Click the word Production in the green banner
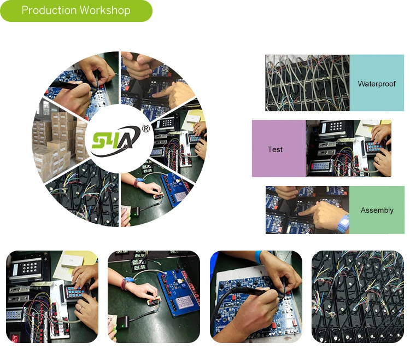(49, 10)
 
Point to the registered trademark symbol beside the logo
(146, 129)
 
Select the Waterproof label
(377, 84)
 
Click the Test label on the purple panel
(275, 149)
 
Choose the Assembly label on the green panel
(377, 210)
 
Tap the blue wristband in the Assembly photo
(343, 223)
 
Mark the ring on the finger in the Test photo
(378, 160)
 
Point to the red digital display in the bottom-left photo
(14, 337)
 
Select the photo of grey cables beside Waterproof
(307, 83)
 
